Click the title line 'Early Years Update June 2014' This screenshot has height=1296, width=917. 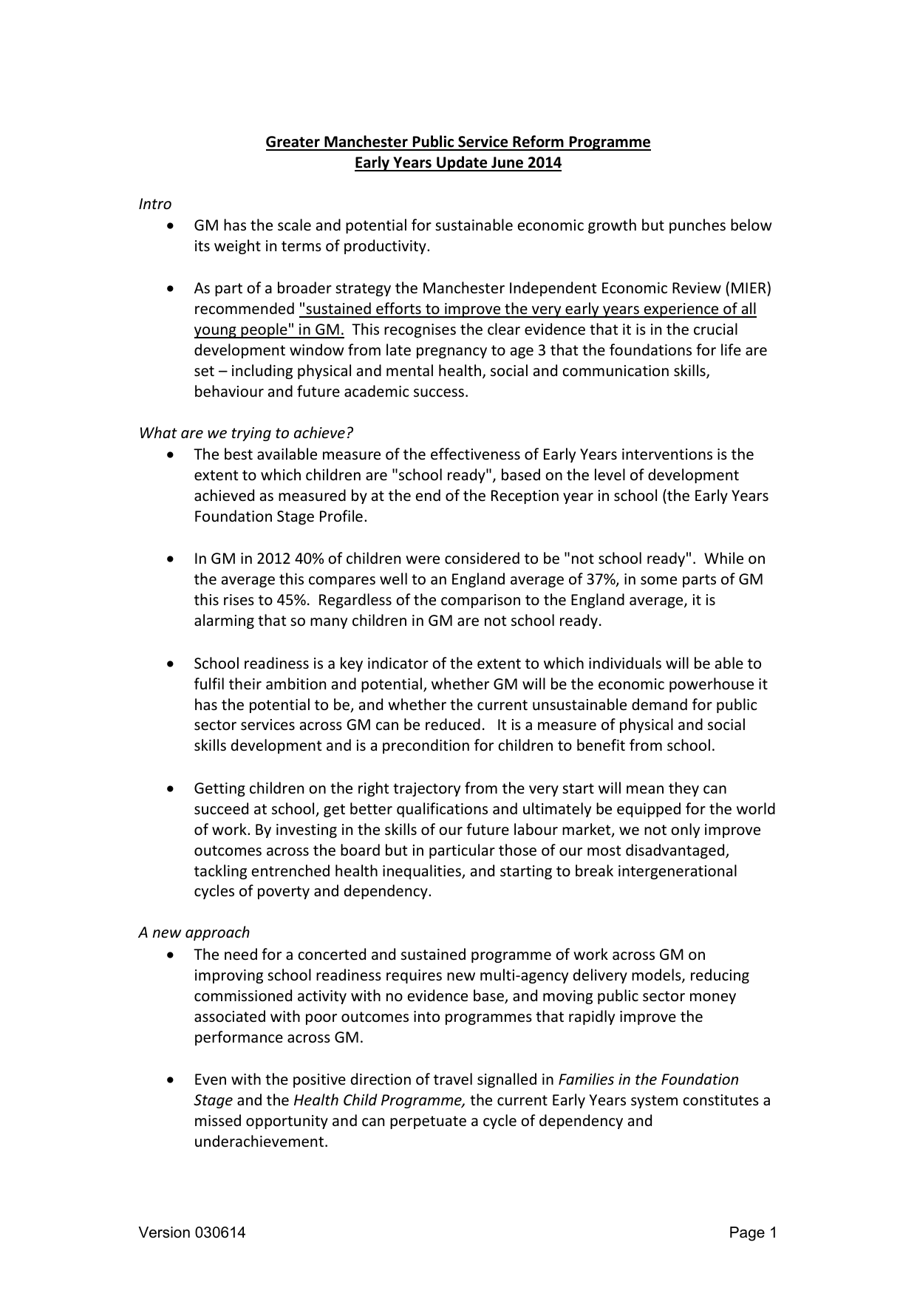click(457, 163)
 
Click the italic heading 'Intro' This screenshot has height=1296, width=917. click(155, 204)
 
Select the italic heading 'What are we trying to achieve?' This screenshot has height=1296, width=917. click(246, 433)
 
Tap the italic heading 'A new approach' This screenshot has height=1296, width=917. click(194, 932)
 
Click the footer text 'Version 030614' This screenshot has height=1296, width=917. click(192, 1232)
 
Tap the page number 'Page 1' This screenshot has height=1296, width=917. click(753, 1232)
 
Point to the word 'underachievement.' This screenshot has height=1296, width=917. click(261, 1142)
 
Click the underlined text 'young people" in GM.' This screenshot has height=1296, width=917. click(269, 330)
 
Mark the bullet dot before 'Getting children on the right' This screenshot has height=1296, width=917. click(171, 789)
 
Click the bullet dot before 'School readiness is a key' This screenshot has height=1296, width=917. click(171, 664)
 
